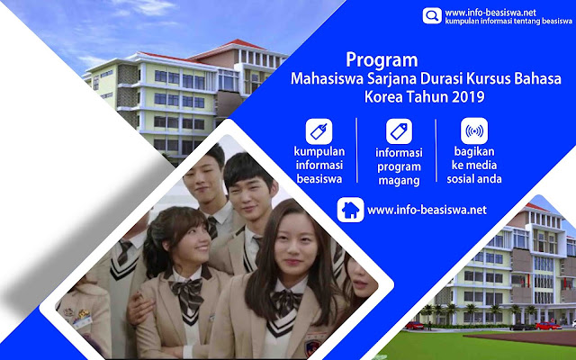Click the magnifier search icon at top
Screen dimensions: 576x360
(432, 16)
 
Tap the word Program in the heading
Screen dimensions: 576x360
(382, 60)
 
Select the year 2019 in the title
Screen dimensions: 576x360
(468, 96)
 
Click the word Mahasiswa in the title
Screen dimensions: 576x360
(327, 79)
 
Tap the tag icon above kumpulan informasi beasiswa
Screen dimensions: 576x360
(319, 131)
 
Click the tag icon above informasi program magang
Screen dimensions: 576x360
(399, 131)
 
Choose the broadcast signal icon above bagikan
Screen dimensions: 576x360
(474, 130)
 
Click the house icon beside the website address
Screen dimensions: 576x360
(350, 210)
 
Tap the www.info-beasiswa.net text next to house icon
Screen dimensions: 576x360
(427, 210)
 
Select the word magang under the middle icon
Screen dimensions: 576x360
(399, 181)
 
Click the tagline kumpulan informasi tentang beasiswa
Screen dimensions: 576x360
(508, 22)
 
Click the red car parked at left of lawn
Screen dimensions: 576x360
(414, 325)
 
